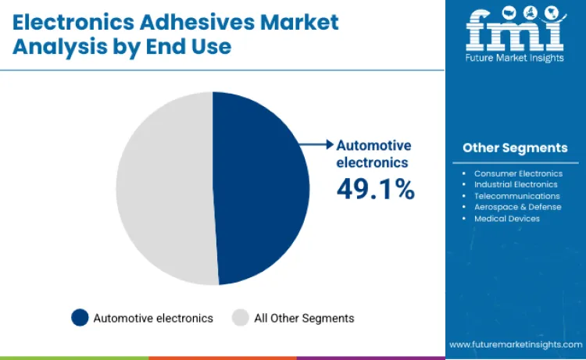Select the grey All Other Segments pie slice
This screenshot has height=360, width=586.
tap(164, 187)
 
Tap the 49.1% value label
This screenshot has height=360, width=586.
tap(375, 188)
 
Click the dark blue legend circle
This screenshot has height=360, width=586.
tap(80, 318)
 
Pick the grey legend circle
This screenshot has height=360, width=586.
tap(241, 318)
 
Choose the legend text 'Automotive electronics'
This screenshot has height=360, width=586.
tap(153, 318)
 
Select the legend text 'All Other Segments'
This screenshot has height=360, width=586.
tap(304, 318)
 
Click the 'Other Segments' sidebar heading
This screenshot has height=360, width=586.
tap(515, 148)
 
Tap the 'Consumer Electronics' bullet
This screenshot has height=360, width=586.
tap(518, 173)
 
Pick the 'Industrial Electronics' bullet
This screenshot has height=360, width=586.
tap(516, 184)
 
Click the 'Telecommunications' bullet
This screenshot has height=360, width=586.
tap(516, 196)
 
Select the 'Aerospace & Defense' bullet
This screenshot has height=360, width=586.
tap(517, 207)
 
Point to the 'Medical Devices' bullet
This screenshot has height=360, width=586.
tap(506, 219)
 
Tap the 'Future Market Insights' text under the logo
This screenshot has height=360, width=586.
tap(515, 59)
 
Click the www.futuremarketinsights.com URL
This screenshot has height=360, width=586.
tap(516, 344)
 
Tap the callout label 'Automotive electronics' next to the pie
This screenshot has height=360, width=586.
tap(373, 154)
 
